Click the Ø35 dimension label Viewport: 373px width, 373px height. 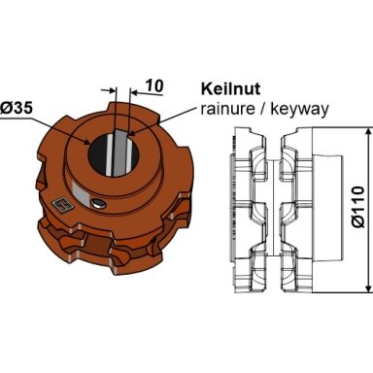point(17,108)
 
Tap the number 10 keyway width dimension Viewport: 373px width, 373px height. point(154,85)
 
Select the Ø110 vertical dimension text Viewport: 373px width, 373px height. point(358,207)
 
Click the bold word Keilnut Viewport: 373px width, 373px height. point(230,88)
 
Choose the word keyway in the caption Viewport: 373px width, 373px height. point(299,110)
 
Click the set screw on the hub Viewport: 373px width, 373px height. point(98,203)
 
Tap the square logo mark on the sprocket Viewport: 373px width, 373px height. point(60,206)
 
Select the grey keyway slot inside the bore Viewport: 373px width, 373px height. point(119,153)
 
